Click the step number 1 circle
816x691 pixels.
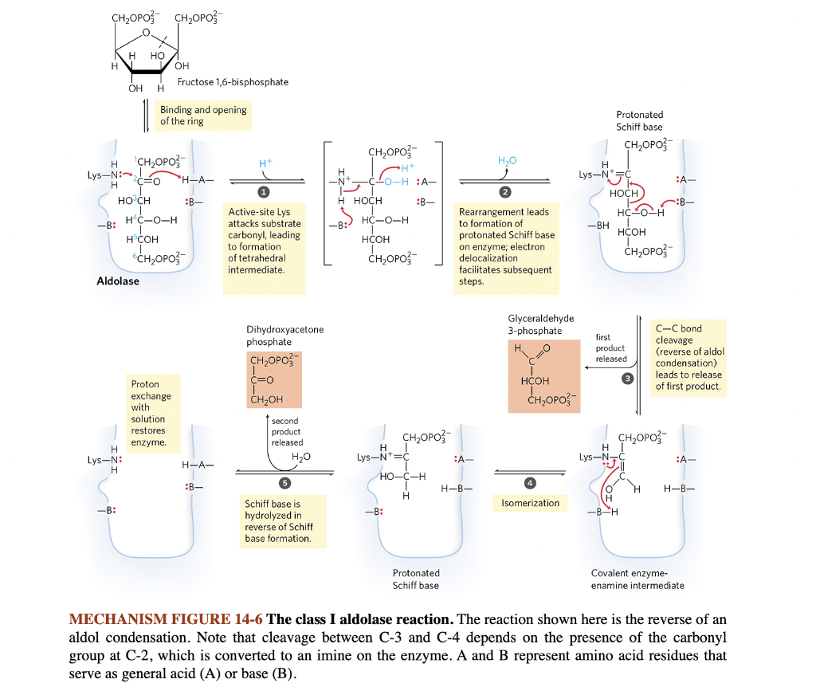point(260,192)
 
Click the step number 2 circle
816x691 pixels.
point(504,192)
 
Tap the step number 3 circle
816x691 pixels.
point(628,378)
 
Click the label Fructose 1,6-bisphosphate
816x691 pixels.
point(233,82)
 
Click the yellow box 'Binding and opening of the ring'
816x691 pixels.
point(204,116)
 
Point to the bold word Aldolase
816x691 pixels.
point(118,281)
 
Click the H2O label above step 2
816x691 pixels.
point(507,162)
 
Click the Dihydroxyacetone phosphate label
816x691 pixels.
point(285,336)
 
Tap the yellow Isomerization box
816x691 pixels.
point(530,503)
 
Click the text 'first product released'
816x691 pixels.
point(611,348)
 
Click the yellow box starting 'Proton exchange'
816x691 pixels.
point(151,413)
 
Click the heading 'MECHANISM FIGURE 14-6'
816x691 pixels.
point(166,620)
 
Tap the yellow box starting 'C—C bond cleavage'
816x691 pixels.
point(688,357)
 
